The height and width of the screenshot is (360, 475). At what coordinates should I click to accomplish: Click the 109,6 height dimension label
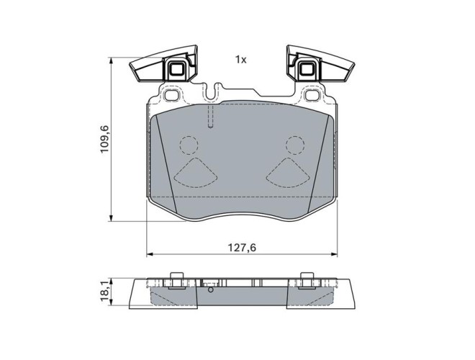tap(105, 139)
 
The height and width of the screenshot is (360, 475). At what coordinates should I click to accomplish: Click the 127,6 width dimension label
tap(242, 248)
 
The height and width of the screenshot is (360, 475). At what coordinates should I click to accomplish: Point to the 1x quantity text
tap(241, 60)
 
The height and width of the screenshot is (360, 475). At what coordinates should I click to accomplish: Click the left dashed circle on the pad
tap(189, 145)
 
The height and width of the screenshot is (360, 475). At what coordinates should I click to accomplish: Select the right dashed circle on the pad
tap(295, 145)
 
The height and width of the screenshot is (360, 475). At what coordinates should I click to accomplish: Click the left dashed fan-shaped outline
tap(196, 172)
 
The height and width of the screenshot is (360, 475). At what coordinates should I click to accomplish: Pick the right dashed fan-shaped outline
tap(288, 172)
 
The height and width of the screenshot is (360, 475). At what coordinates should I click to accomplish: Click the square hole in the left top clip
tap(176, 71)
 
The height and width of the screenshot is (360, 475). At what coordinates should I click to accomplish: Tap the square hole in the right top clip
tap(307, 71)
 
